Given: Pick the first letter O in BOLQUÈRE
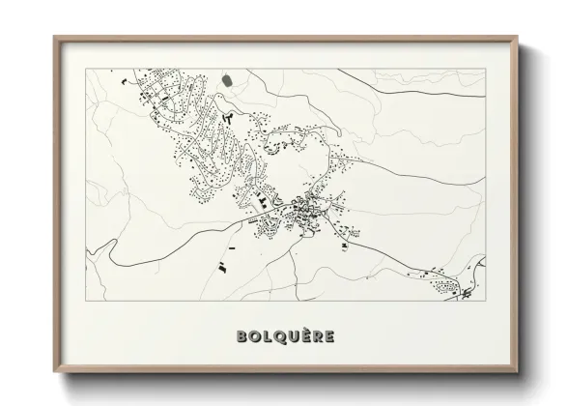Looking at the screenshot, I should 251,336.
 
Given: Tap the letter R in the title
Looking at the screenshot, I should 316,336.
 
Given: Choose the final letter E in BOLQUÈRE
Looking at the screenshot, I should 329,336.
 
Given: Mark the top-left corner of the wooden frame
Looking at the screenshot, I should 54,37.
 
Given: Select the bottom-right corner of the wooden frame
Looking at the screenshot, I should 513,369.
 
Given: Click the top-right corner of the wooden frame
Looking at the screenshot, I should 513,37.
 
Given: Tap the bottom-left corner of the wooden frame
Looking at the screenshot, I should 54,369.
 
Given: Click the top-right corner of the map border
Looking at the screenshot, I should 482,69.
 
